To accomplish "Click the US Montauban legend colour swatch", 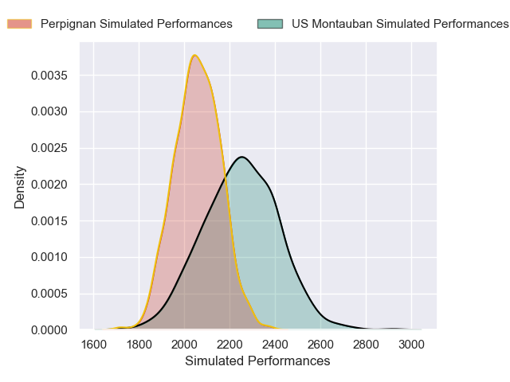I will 270,23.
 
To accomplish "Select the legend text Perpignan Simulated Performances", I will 136,23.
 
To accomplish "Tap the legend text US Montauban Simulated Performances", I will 399,23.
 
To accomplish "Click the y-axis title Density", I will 20,187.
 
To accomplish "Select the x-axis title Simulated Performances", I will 257,361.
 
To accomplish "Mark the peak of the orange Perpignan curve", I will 195,55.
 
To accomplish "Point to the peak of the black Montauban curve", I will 241,157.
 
